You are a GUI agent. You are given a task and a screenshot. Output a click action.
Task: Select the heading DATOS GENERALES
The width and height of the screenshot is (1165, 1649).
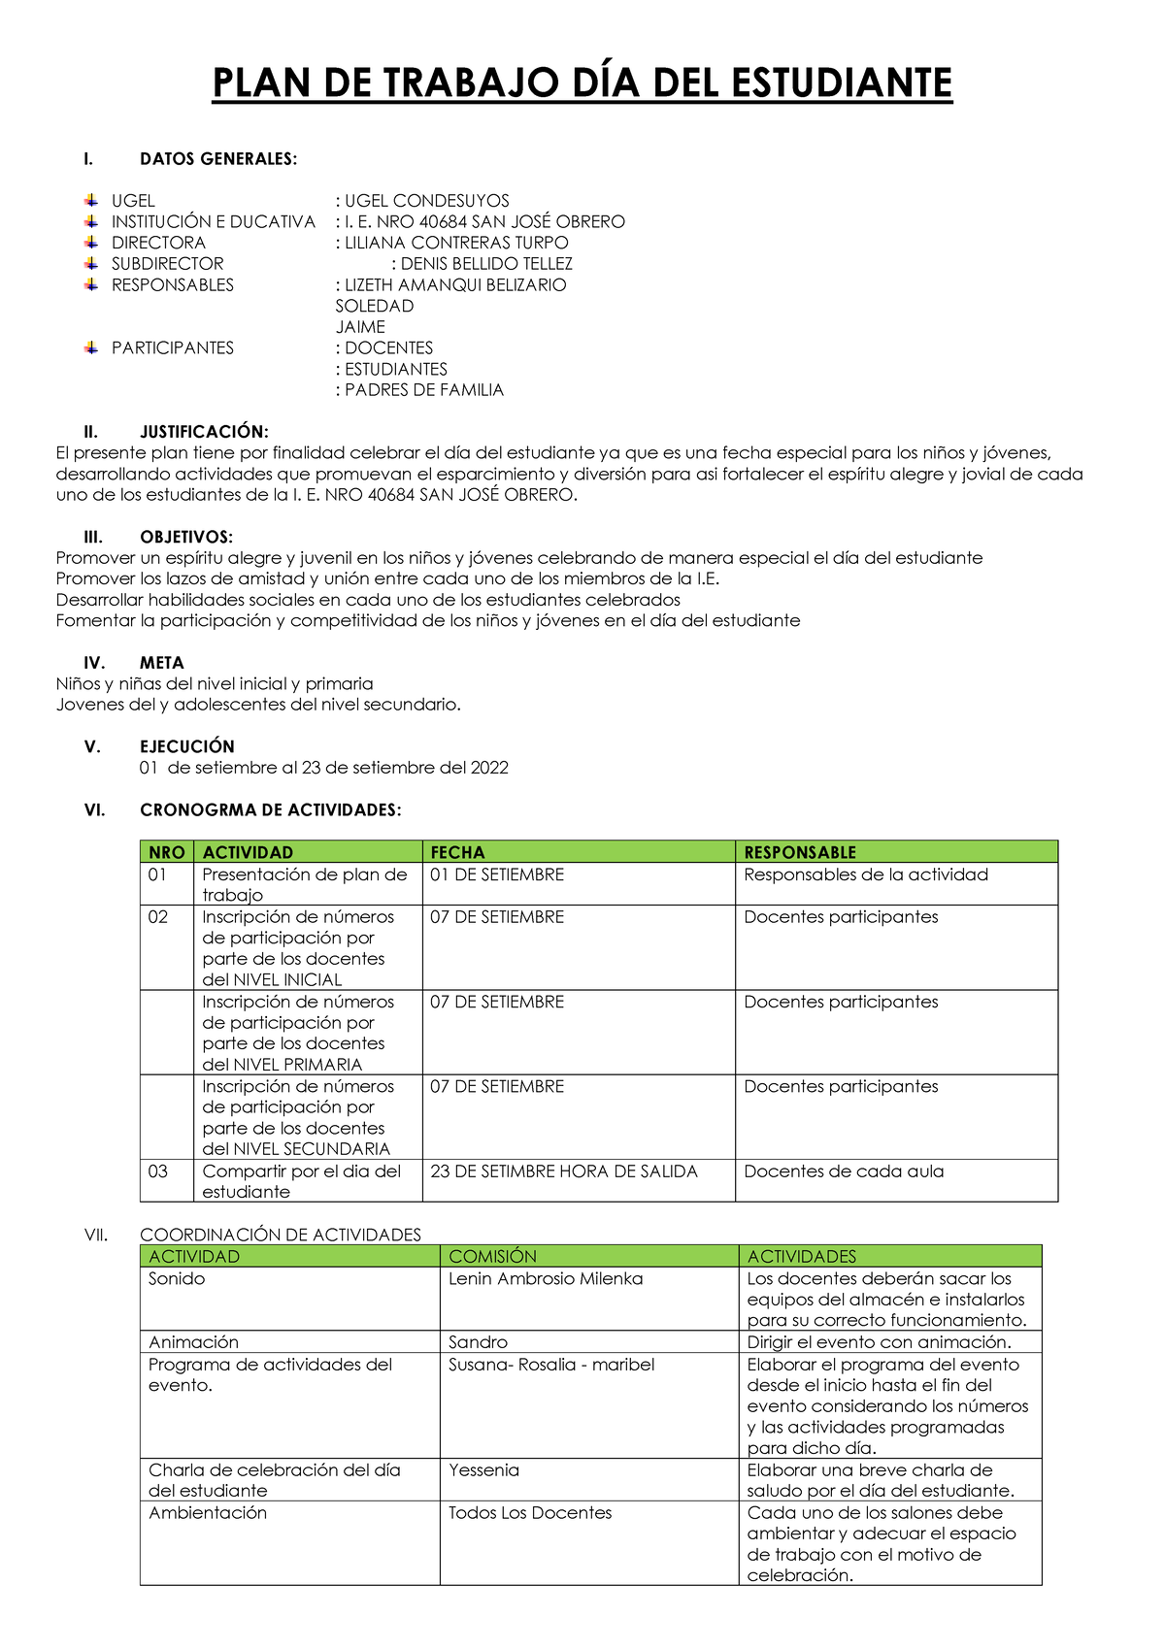pos(218,159)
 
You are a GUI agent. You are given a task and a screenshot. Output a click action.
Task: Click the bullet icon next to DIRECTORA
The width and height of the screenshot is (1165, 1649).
pos(90,242)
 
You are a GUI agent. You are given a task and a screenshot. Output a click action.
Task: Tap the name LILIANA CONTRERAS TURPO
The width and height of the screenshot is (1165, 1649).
pos(456,243)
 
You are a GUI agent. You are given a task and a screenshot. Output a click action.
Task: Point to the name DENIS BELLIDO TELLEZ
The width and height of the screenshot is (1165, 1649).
pos(486,264)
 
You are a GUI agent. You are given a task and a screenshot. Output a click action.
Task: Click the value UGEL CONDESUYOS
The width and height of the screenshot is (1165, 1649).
pos(426,201)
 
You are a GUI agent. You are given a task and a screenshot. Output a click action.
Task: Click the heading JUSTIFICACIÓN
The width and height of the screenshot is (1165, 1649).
pos(204,432)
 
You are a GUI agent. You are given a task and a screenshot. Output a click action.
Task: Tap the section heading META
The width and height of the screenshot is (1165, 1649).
pos(161,663)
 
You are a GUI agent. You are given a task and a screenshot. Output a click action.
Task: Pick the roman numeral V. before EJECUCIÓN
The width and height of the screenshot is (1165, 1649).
pos(92,747)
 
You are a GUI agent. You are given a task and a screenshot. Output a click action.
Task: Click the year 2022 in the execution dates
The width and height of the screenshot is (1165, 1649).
pos(489,768)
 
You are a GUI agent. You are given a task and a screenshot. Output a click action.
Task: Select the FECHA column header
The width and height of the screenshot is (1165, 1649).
pos(457,852)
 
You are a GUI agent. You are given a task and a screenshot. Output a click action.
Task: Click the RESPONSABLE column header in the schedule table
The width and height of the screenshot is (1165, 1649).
pos(800,852)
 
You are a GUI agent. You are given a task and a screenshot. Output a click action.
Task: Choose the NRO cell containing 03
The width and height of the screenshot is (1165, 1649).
pos(157,1171)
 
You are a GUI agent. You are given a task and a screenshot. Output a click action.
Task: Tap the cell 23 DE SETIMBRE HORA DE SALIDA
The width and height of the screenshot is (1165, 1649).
pos(563,1171)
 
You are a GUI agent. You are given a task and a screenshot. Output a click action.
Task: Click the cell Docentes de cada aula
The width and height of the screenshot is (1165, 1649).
pos(844,1171)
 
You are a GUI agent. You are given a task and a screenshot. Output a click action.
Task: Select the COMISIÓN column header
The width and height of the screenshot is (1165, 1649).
pos(492,1256)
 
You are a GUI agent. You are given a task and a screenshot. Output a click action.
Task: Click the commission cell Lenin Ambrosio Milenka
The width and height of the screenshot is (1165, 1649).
pos(546,1279)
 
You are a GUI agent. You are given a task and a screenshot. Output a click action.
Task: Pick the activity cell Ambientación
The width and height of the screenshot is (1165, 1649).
pos(207,1513)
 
